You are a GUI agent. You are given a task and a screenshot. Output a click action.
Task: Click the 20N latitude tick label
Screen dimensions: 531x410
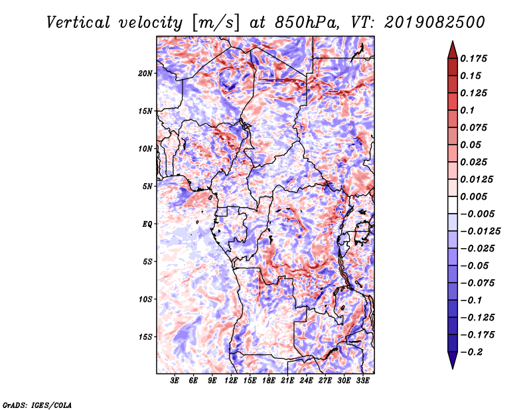point(145,74)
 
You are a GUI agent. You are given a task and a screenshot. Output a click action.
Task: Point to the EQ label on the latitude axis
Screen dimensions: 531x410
point(147,224)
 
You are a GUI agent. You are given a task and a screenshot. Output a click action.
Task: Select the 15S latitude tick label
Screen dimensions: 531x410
point(145,337)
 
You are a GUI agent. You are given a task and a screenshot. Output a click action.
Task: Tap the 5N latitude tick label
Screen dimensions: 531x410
point(147,186)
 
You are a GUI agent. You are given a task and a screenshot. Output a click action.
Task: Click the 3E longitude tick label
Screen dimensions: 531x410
point(175,381)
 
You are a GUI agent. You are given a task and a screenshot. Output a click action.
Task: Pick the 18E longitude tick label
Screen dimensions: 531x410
point(269,381)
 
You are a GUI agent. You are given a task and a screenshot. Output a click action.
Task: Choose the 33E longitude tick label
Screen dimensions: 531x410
point(362,381)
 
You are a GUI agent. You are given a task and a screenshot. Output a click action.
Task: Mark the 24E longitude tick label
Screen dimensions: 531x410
point(306,381)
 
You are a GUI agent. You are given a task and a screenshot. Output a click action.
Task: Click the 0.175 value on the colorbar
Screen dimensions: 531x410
point(473,58)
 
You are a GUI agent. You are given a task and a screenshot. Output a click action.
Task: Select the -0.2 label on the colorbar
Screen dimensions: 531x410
point(472,352)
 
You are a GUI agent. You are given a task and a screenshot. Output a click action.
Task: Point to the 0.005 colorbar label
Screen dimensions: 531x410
point(473,196)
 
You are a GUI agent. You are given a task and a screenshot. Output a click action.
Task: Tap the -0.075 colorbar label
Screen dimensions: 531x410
point(477,283)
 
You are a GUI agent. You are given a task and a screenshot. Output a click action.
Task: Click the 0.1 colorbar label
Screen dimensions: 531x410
point(467,110)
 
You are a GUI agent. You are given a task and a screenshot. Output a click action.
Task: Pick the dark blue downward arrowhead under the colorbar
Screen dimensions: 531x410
point(453,360)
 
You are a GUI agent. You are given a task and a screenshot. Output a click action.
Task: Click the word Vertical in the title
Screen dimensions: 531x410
point(78,23)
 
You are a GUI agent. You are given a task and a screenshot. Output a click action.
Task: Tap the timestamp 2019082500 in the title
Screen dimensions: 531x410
point(435,23)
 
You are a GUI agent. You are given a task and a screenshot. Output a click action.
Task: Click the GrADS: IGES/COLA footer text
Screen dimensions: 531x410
point(37,405)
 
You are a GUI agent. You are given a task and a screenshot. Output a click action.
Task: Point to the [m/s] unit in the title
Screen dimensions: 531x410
point(216,23)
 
